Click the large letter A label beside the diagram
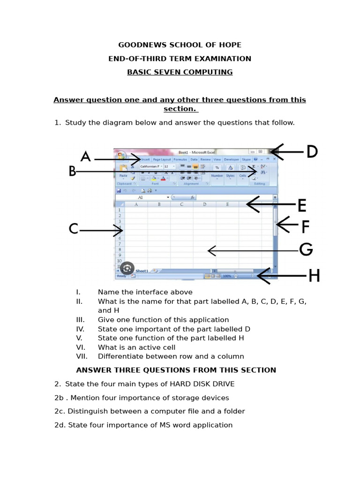(x=85, y=157)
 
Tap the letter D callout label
(x=312, y=152)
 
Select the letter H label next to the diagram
(x=314, y=276)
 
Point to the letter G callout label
(x=306, y=250)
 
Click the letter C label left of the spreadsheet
(x=74, y=229)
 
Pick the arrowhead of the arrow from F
(x=278, y=225)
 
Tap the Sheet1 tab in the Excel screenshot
(x=142, y=271)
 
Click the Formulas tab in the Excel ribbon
(x=180, y=159)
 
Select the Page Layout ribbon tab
(x=162, y=159)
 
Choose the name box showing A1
(x=141, y=198)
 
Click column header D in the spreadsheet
(x=205, y=204)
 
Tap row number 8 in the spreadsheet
(x=120, y=250)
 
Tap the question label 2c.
(x=60, y=411)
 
